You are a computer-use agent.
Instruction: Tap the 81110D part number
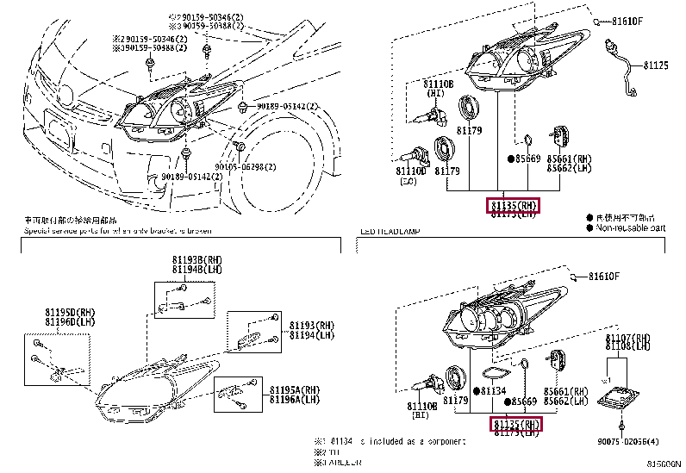pyautogui.click(x=411, y=171)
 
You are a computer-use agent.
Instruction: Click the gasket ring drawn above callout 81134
pyautogui.click(x=493, y=374)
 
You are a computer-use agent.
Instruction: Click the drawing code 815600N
pyautogui.click(x=664, y=464)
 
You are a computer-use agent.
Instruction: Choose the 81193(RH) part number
pyautogui.click(x=311, y=326)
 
